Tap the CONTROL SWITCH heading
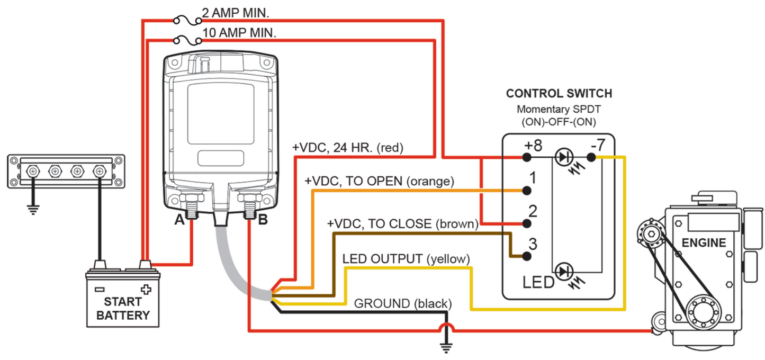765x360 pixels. [x=559, y=94]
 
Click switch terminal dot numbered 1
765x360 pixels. [x=527, y=190]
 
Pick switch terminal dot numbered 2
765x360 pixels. [x=527, y=223]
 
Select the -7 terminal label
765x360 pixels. [x=596, y=144]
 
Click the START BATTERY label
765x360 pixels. [x=123, y=309]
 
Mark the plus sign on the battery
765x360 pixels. [x=146, y=290]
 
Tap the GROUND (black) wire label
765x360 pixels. [x=402, y=304]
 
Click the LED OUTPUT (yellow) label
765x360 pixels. [x=406, y=259]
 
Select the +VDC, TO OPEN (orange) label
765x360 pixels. [x=379, y=181]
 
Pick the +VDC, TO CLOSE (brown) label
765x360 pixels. [x=402, y=224]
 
